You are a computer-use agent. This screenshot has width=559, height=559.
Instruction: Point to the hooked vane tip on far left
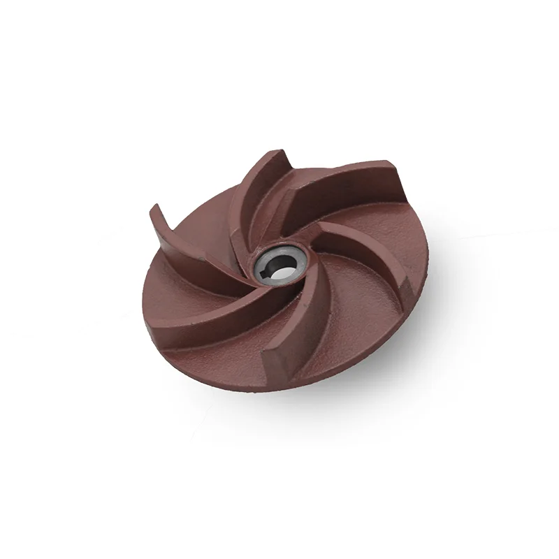point(155,210)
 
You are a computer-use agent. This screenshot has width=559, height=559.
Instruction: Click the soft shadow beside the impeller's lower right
point(391,363)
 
